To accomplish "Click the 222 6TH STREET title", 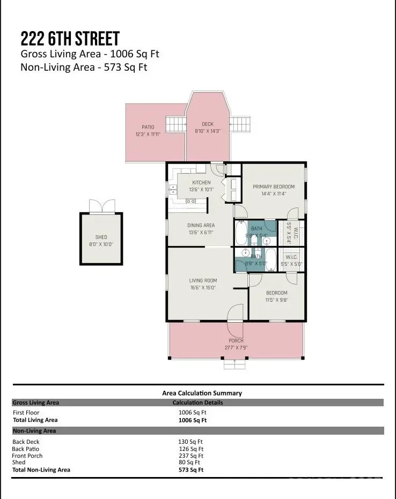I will (70, 39).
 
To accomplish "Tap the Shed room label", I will (101, 237).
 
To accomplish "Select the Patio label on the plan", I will (148, 127).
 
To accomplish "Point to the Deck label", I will (207, 124).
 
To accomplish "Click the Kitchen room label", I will (201, 182).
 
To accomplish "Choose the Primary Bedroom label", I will (274, 187).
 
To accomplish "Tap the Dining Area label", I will (201, 225).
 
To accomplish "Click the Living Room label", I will (202, 280).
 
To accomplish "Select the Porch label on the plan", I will (236, 340).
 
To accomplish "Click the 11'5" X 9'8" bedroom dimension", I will (277, 300).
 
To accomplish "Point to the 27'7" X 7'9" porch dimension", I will (236, 347).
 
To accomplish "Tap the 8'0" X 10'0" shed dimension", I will (101, 244).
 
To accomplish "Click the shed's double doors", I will (101, 206).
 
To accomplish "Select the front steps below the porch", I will (236, 364).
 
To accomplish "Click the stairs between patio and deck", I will (175, 124).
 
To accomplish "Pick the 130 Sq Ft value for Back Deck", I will (191, 442).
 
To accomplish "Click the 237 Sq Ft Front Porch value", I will (191, 456).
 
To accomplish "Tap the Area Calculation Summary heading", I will (202, 393).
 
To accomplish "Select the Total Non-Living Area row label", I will (41, 470).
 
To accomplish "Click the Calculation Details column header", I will (197, 403).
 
